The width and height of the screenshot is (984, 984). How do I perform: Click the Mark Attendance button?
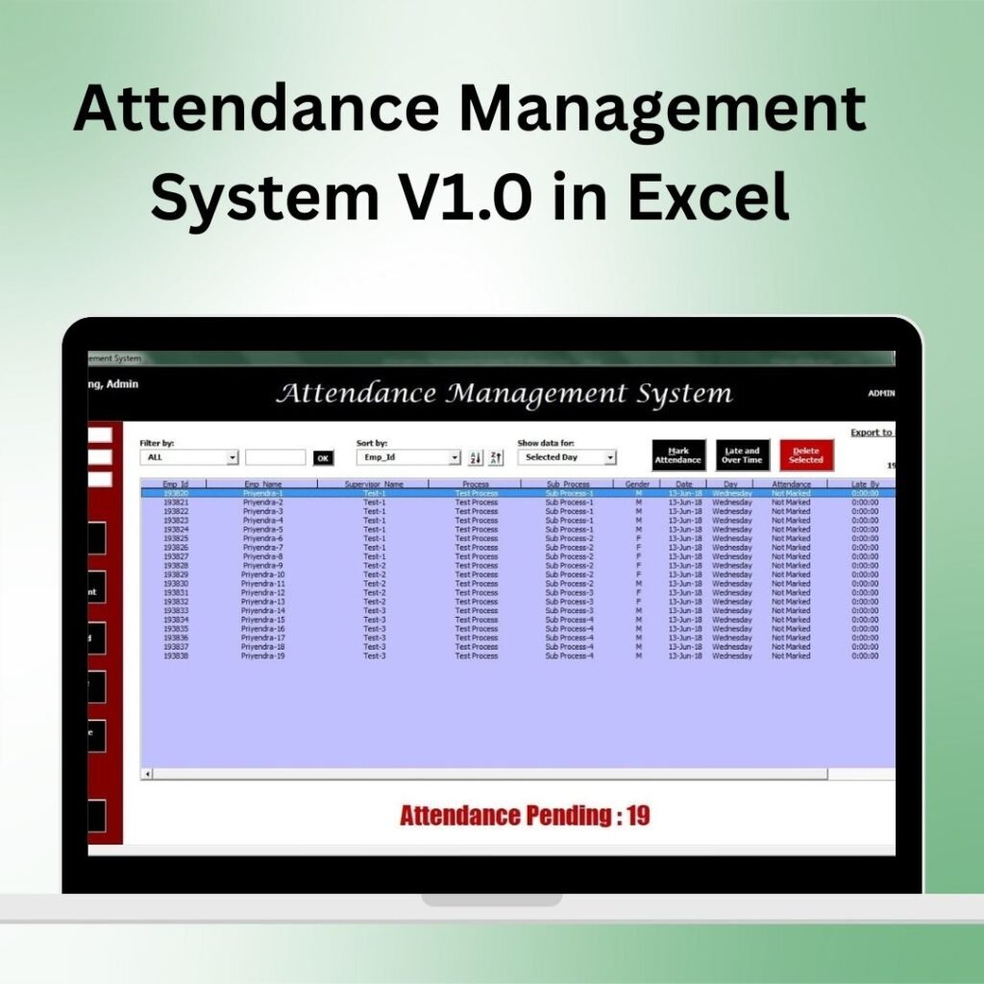pos(678,455)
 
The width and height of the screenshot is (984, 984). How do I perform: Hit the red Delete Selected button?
pos(806,455)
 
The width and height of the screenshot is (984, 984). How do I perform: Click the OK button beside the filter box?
pos(324,458)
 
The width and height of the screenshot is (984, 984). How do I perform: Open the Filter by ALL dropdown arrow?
pos(232,458)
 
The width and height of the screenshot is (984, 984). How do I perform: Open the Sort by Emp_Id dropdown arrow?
pos(455,458)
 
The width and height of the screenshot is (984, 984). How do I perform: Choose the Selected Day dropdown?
pos(566,458)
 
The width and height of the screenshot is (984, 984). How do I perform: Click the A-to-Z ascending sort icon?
pos(476,458)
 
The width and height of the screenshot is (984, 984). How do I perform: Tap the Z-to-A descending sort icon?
pos(496,458)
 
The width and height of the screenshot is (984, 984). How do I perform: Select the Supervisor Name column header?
pos(374,484)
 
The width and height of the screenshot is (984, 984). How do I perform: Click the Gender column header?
pos(637,484)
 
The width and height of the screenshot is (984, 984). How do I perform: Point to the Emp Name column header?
pos(262,484)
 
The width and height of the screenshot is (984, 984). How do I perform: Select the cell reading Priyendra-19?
pos(262,656)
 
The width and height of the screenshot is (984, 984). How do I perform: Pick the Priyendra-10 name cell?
pos(262,575)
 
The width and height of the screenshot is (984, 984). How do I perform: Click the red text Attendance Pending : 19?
pos(525,817)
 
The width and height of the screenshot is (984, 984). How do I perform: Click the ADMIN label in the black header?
pos(881,393)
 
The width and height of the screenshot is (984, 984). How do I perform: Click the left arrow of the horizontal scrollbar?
pos(147,774)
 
